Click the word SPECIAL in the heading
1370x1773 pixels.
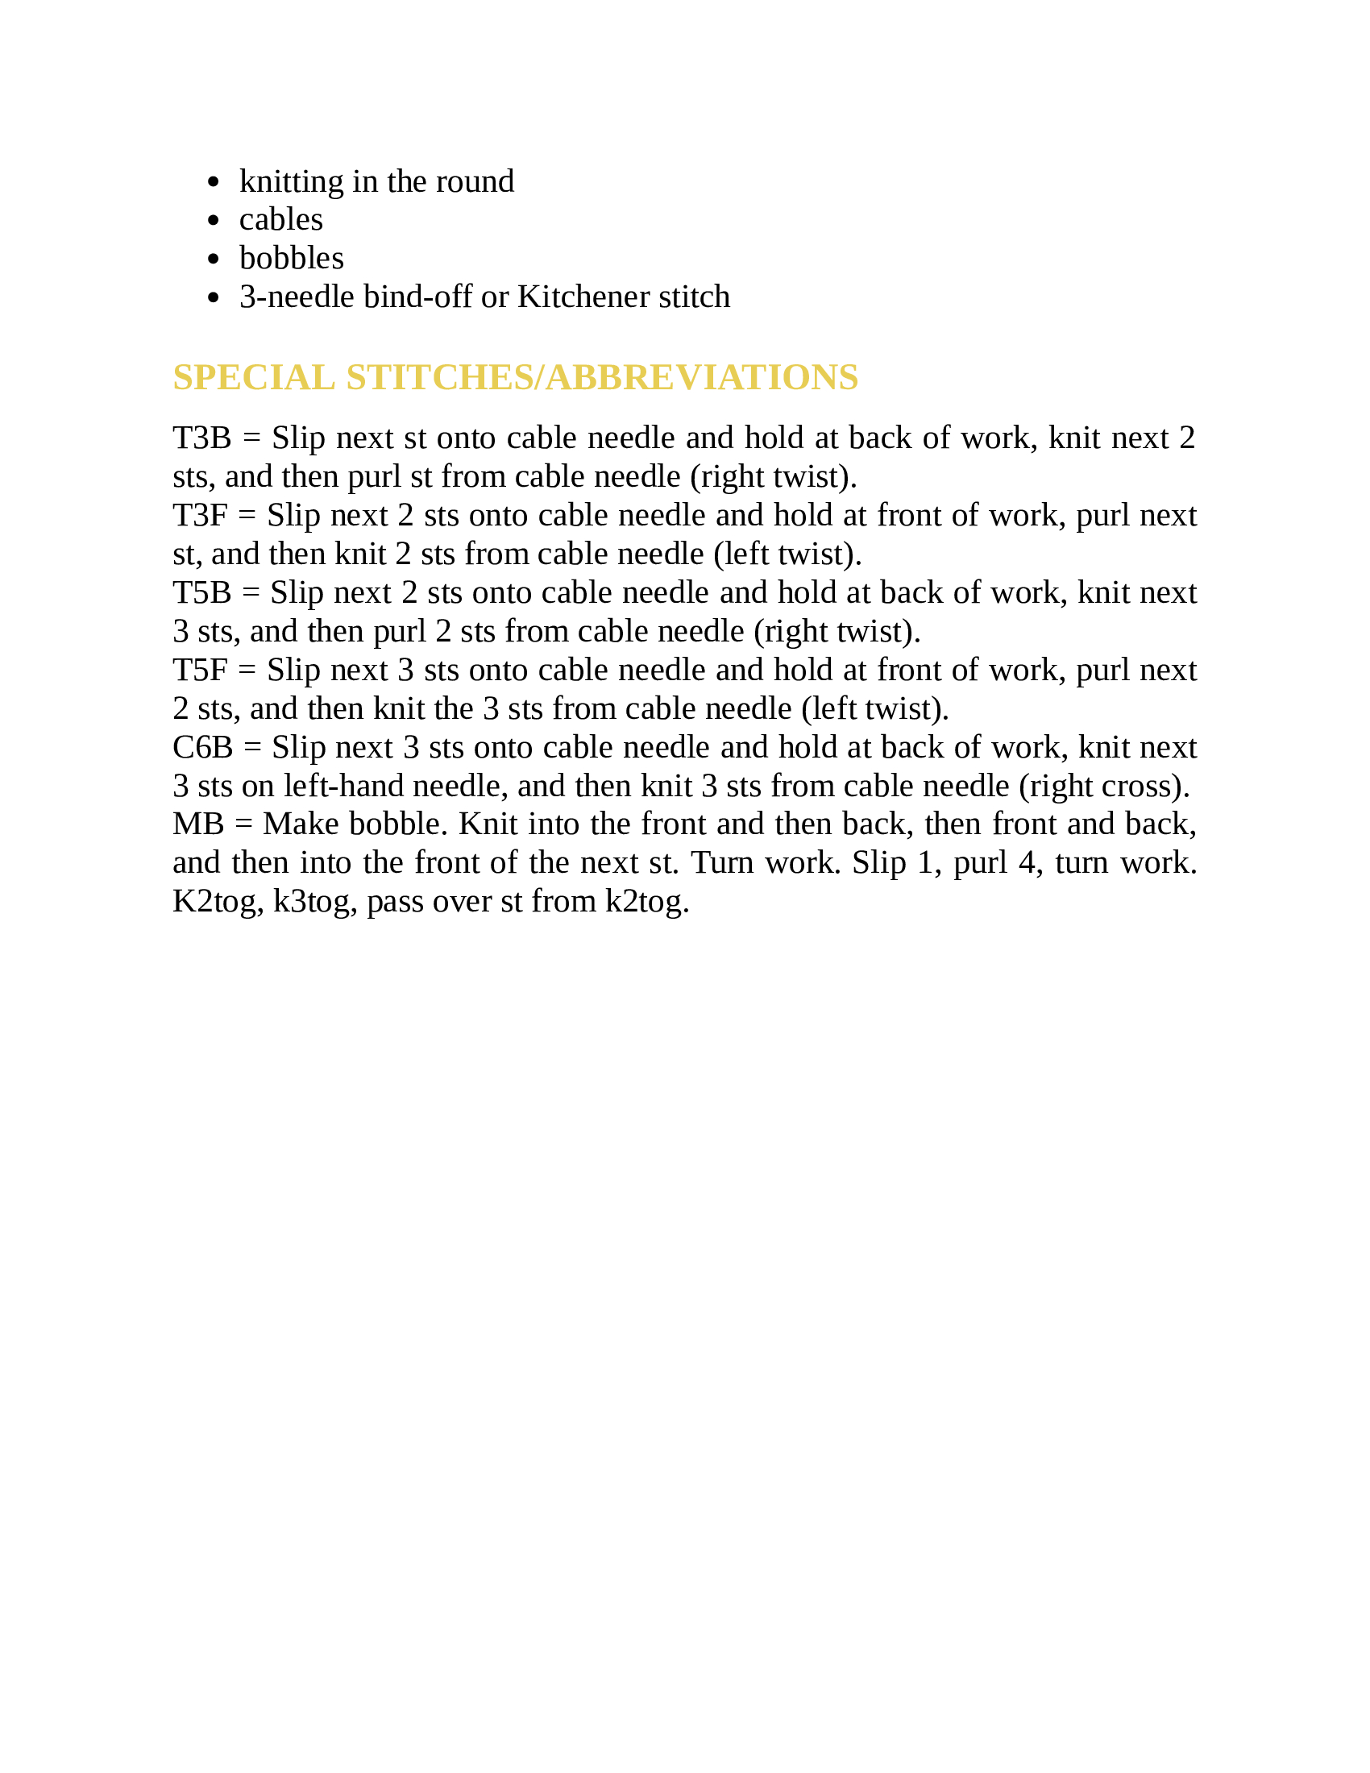254,377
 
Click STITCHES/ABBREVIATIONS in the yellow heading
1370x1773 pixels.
602,377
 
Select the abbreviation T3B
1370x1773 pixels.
202,438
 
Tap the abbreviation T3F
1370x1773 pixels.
201,516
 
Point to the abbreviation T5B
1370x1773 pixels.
202,592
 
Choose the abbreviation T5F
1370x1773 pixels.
201,671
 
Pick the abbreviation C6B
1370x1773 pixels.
203,748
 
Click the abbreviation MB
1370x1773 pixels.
198,824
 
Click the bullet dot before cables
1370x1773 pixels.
214,220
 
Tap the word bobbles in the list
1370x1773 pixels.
292,259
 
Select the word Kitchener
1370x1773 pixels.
583,297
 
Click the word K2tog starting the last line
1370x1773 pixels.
218,902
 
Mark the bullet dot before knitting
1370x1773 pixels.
214,182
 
